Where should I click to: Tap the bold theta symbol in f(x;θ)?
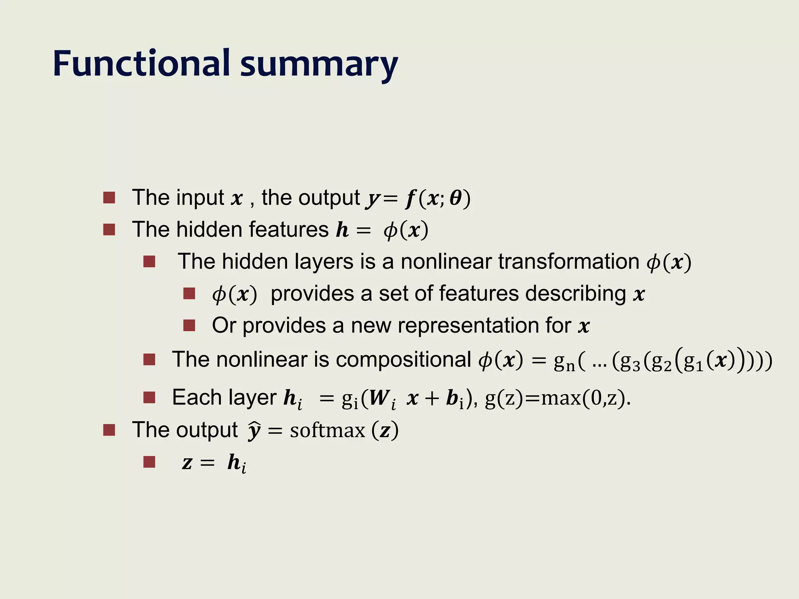tap(455, 198)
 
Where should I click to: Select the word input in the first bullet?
tap(200, 198)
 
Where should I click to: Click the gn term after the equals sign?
tap(564, 362)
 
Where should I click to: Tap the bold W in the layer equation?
tap(378, 398)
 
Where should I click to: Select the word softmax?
tap(327, 431)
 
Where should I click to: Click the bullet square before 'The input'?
tap(109, 198)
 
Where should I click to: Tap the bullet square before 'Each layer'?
tap(149, 398)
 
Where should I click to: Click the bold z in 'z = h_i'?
tap(187, 463)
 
